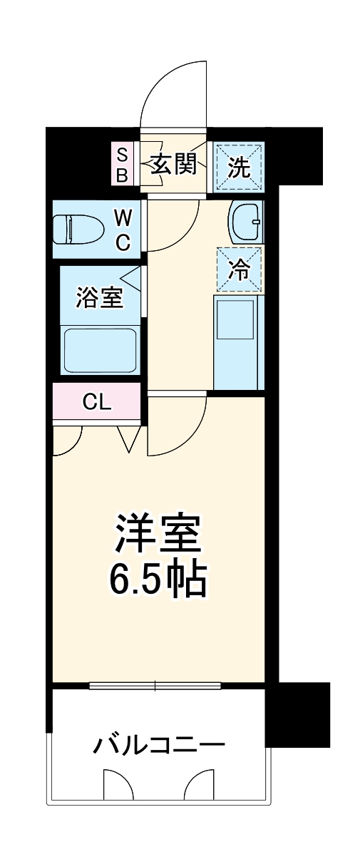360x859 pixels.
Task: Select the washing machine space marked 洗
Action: click(x=239, y=167)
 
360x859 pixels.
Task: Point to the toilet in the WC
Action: click(x=79, y=228)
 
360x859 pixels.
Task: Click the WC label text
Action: click(x=123, y=229)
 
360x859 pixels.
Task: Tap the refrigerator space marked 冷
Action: click(x=239, y=269)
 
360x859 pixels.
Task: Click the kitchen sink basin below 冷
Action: click(x=235, y=320)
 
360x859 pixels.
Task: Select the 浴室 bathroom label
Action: click(x=101, y=297)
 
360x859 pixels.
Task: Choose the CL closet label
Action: click(x=97, y=403)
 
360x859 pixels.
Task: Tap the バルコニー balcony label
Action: click(x=158, y=746)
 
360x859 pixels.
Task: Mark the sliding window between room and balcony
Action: click(x=155, y=686)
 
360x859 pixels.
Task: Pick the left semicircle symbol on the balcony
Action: click(x=118, y=786)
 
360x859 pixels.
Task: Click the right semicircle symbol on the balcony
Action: click(x=200, y=786)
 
